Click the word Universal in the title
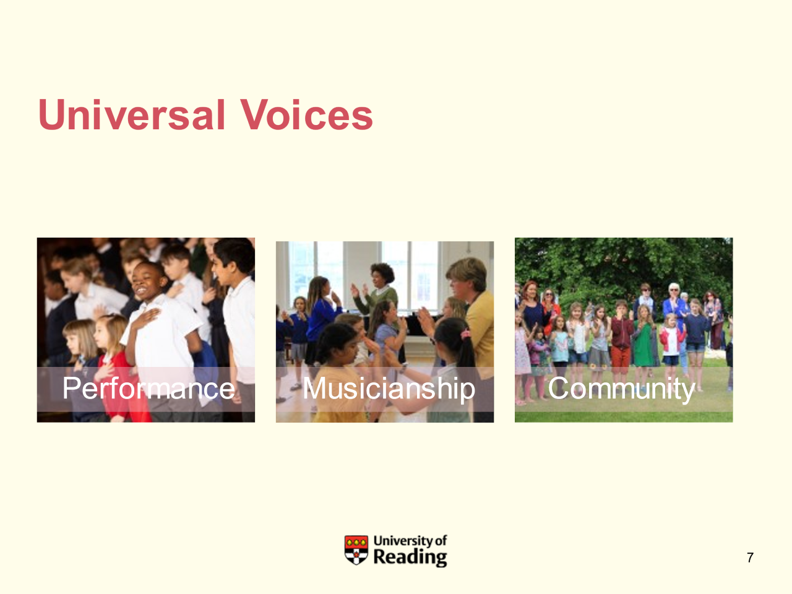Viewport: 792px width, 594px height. (132, 114)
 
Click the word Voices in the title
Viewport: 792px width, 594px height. (306, 114)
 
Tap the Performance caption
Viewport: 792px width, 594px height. (148, 388)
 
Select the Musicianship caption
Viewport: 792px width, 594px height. (389, 389)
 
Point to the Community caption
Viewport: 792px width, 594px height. (621, 389)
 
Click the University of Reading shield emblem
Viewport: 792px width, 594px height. (356, 549)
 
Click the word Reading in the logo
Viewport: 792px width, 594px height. (410, 557)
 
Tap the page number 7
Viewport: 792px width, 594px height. (750, 557)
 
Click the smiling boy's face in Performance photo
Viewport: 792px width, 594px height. (144, 282)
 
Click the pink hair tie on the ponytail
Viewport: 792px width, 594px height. (465, 334)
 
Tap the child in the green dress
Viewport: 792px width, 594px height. (644, 339)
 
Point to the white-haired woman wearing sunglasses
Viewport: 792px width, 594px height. (674, 306)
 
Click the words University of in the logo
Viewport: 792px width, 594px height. (410, 541)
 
